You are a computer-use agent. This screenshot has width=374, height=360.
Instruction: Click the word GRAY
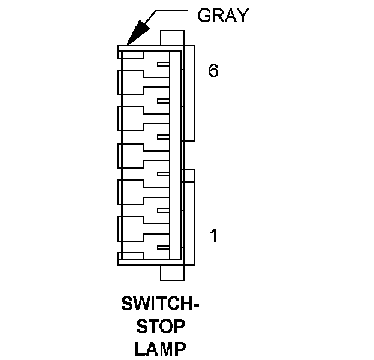click(x=222, y=16)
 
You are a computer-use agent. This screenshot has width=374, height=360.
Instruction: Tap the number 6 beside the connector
click(x=213, y=71)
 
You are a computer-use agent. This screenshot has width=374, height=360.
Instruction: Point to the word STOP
click(x=161, y=326)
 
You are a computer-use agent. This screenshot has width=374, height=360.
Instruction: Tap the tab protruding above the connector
click(x=172, y=38)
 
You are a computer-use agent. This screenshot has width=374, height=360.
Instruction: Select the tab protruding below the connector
click(x=172, y=272)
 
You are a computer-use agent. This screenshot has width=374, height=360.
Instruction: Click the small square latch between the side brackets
click(x=190, y=176)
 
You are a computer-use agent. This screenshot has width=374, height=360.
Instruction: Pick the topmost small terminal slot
click(x=162, y=65)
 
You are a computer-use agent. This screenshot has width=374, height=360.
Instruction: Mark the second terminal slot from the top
click(x=162, y=101)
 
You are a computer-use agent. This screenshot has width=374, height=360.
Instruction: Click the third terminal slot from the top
click(x=162, y=138)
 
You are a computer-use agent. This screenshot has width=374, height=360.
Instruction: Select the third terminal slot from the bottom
click(x=162, y=175)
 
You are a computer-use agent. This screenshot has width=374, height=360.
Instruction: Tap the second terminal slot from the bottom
click(x=162, y=211)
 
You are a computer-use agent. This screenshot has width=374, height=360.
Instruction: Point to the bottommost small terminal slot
click(x=162, y=248)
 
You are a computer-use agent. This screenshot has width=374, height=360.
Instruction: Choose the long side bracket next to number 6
click(x=190, y=93)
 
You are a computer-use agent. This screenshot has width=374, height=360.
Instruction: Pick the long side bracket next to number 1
click(x=190, y=223)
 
